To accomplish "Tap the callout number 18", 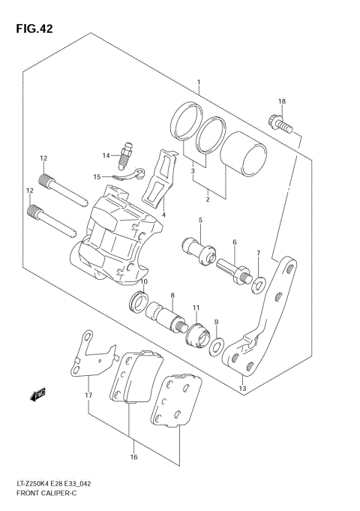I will pyautogui.click(x=282, y=101).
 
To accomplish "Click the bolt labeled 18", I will pyautogui.click(x=277, y=121).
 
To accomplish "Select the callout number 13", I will pyautogui.click(x=241, y=389).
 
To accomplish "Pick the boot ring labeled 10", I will pyautogui.click(x=139, y=303).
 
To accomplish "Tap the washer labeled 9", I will pyautogui.click(x=217, y=347).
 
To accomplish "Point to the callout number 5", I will pyautogui.click(x=200, y=220).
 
